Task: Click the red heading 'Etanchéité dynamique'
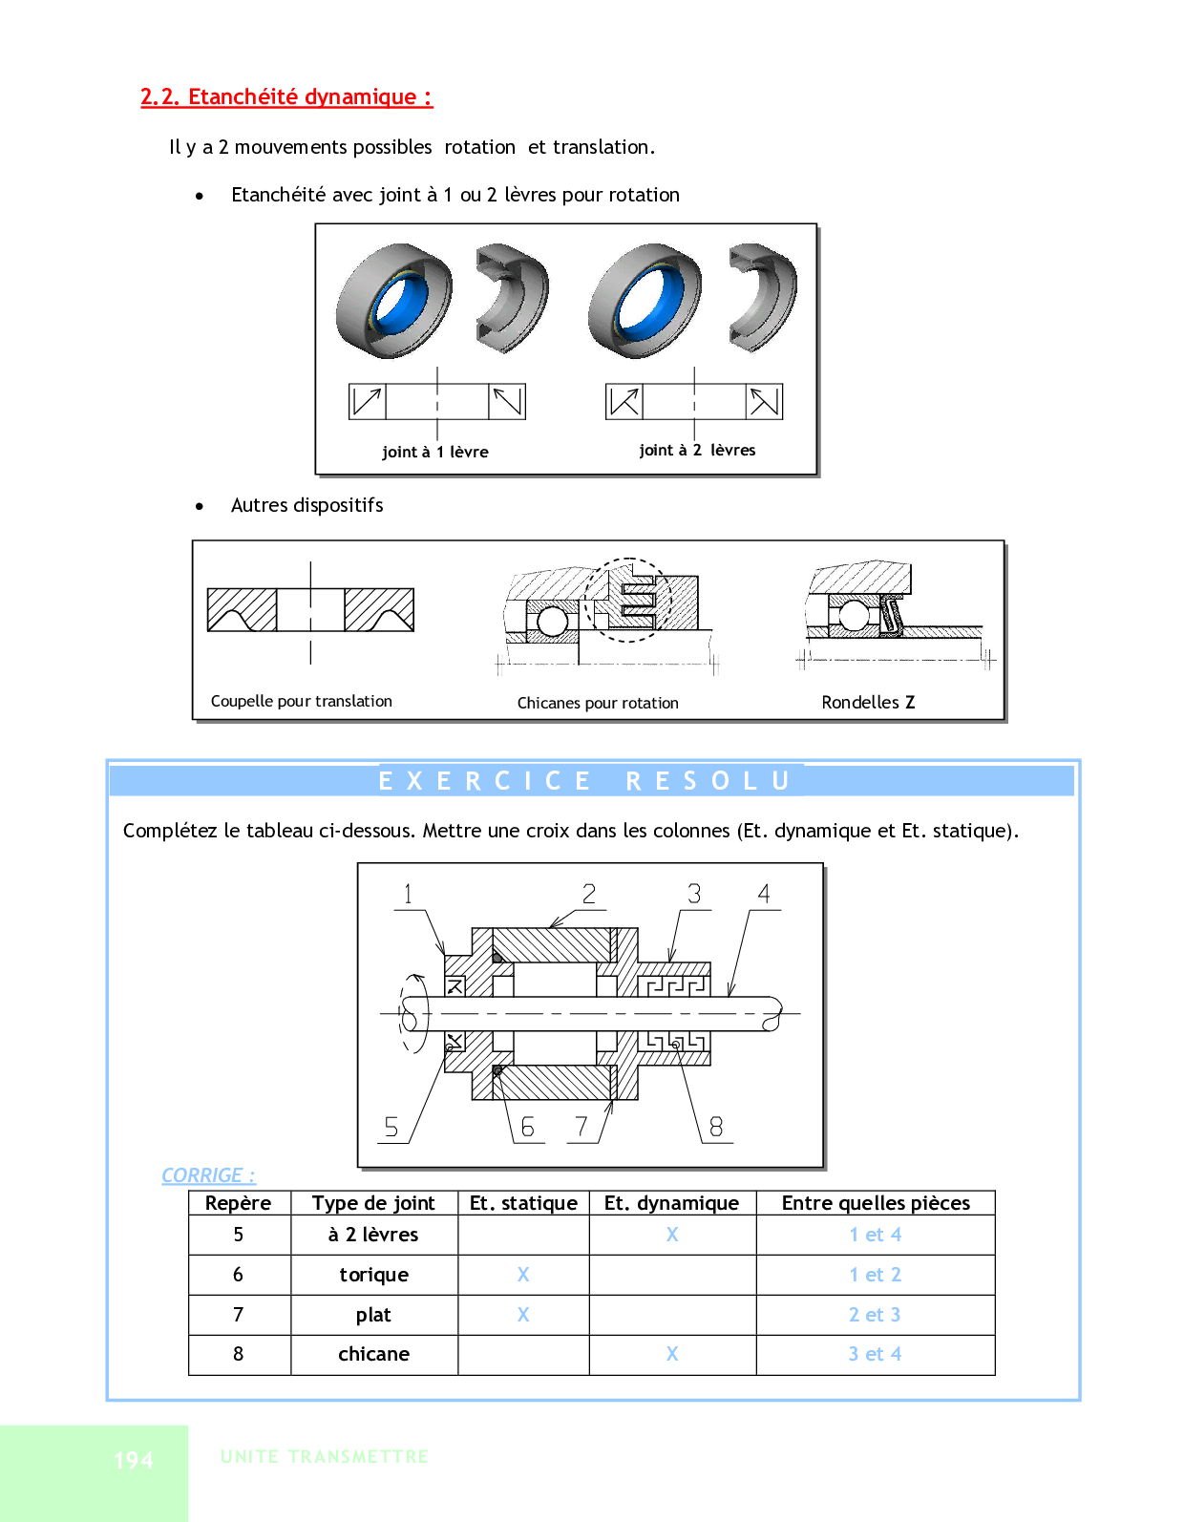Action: [x=286, y=97]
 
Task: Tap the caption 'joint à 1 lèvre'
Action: [x=434, y=452]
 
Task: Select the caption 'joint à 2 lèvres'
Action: [x=697, y=450]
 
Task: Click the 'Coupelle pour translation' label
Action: [x=302, y=701]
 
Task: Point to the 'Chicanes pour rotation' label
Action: [x=598, y=703]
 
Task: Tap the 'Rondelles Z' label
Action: [x=868, y=702]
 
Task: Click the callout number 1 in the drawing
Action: [x=408, y=894]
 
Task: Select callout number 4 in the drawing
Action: [x=764, y=894]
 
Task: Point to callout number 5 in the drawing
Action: [x=391, y=1127]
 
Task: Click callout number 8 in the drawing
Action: [x=716, y=1127]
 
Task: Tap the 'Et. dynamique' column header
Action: [x=671, y=1203]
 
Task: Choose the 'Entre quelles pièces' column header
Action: [x=876, y=1203]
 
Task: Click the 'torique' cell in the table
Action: [x=373, y=1275]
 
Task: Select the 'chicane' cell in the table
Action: [x=373, y=1354]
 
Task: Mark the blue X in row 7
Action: [x=523, y=1315]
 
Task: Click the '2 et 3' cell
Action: [x=875, y=1315]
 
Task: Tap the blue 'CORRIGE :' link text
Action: [x=208, y=1175]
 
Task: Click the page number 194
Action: [x=133, y=1460]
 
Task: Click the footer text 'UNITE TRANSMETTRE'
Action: [x=325, y=1457]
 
